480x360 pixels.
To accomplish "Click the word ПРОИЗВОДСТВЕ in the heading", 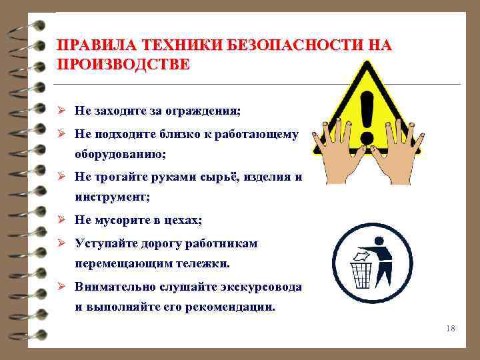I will [123, 65].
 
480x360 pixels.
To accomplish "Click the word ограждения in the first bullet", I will [205, 110].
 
